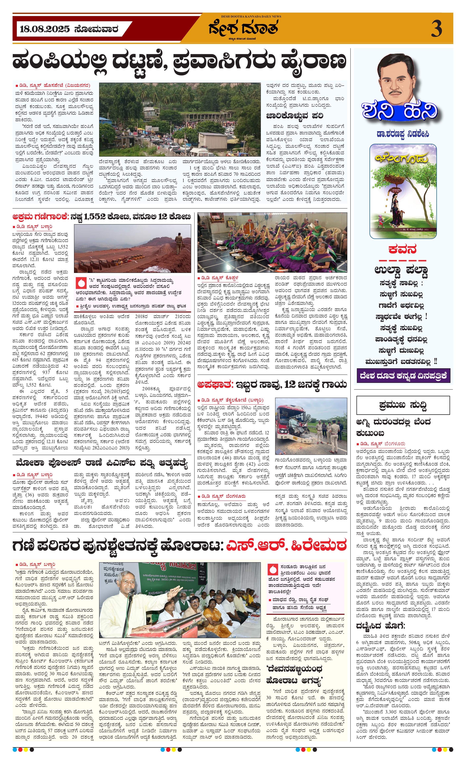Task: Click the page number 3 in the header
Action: (436, 29)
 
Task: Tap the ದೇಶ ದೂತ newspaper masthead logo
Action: (243, 28)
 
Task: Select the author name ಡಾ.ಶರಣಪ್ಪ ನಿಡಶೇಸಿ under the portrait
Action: (402, 134)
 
